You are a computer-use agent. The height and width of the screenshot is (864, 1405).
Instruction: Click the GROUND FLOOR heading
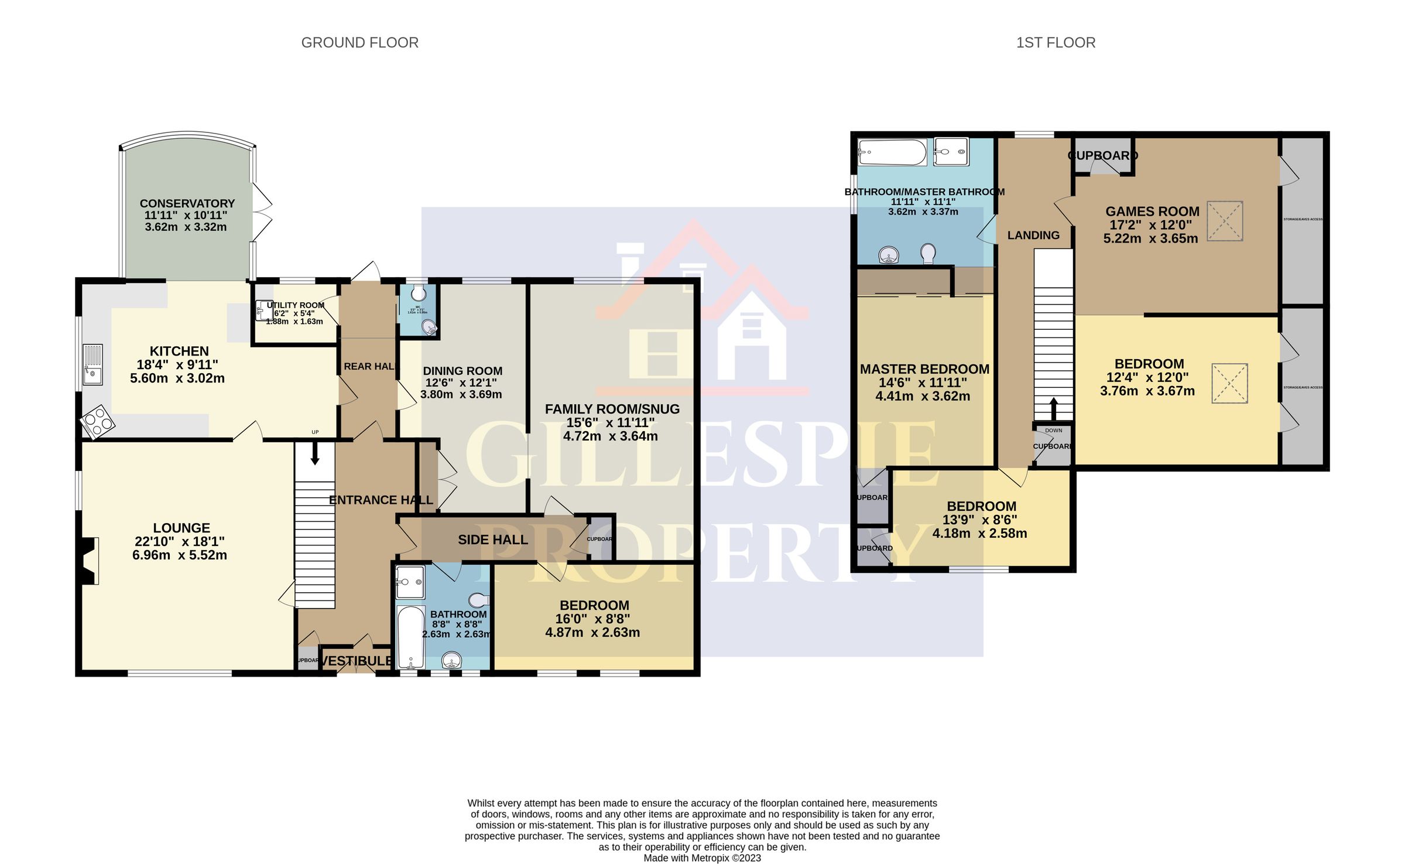[x=359, y=43]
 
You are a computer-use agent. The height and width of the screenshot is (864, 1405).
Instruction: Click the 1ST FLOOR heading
[x=1056, y=43]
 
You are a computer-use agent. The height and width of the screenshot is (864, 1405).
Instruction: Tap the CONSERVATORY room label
[x=187, y=204]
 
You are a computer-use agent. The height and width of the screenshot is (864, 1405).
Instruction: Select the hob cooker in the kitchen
[x=97, y=421]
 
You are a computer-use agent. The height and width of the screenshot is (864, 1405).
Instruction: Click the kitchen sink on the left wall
[x=92, y=364]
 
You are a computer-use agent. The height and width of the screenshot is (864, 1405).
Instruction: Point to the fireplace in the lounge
[x=90, y=561]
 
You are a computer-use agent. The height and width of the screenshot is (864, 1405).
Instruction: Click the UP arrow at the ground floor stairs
[x=315, y=453]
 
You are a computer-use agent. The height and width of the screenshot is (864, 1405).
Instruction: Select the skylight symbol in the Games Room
[x=1225, y=221]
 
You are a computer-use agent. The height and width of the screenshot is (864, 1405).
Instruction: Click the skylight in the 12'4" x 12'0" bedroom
[x=1229, y=384]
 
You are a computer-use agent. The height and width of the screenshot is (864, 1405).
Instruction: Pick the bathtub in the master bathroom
[x=892, y=153]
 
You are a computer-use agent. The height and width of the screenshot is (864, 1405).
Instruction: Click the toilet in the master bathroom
[x=928, y=254]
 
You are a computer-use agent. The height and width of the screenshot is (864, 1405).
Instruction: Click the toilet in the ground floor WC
[x=419, y=292]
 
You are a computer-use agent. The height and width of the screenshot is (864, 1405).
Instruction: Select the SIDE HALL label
[x=492, y=539]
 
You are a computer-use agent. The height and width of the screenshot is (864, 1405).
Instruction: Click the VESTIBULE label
[x=357, y=661]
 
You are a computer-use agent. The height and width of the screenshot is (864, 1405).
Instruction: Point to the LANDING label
[x=1033, y=235]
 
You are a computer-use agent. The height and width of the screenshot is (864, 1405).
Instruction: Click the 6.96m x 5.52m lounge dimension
[x=180, y=555]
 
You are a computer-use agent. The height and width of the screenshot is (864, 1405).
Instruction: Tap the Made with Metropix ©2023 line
[x=702, y=858]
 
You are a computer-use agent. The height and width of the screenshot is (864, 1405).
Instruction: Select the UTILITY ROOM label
[x=295, y=305]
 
